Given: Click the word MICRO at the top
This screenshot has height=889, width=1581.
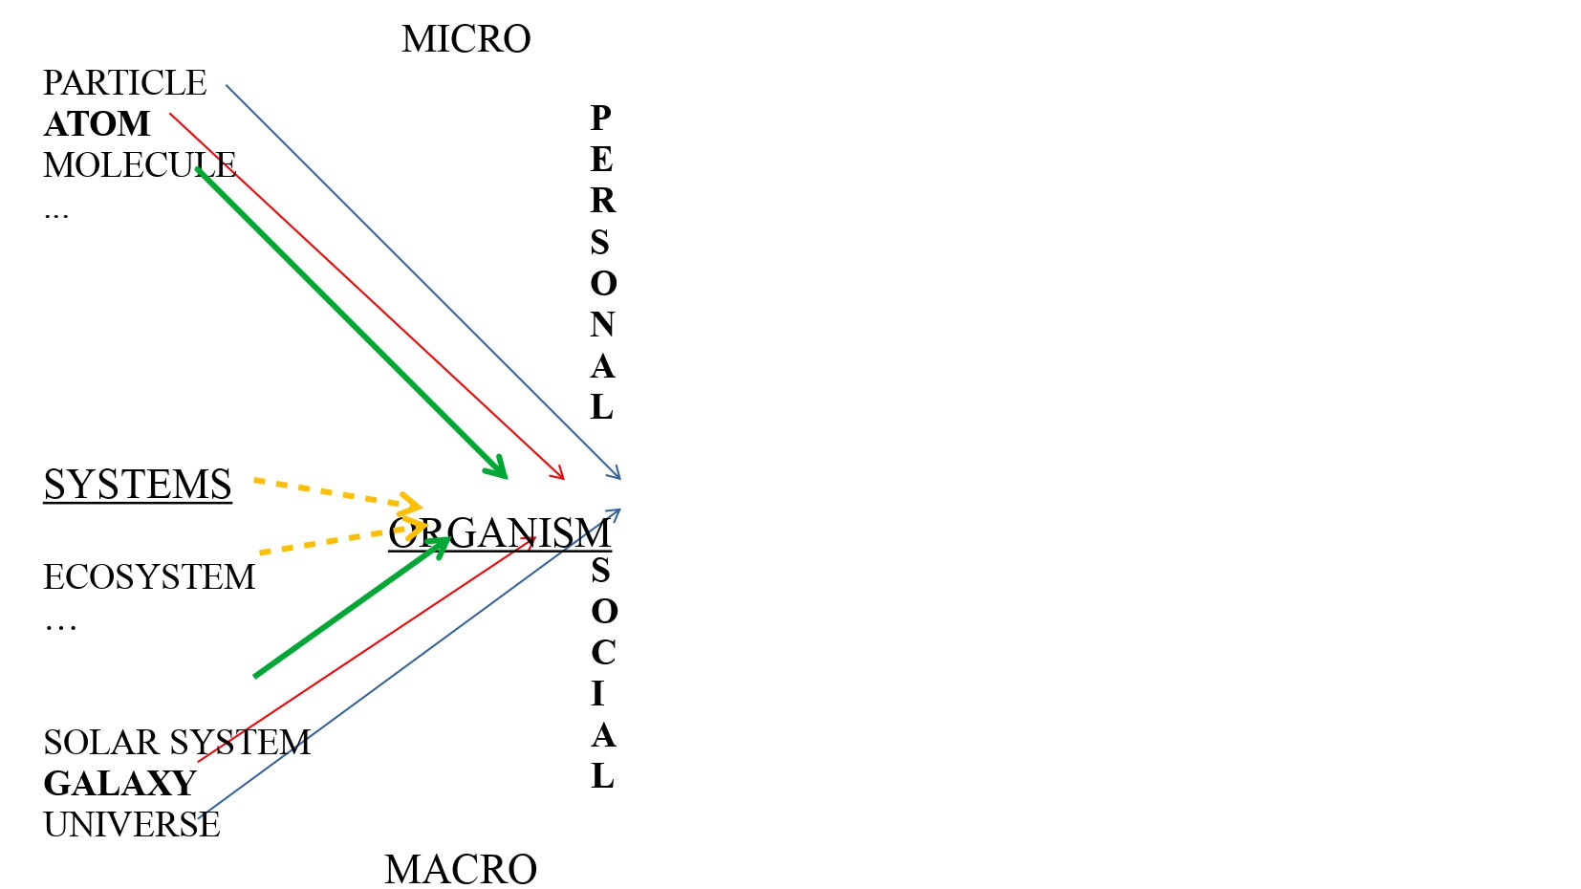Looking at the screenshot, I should (466, 39).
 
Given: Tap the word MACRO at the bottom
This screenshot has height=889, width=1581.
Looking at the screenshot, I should (460, 870).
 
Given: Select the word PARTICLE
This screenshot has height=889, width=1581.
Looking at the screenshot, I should (124, 83).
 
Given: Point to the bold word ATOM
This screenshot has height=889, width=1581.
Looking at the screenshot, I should (97, 124).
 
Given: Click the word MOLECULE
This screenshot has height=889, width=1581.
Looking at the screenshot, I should (139, 165).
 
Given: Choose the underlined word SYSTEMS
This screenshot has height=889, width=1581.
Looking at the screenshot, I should (138, 485).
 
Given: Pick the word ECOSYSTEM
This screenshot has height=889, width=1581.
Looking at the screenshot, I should (149, 577).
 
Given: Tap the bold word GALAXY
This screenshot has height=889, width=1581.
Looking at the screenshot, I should (119, 784).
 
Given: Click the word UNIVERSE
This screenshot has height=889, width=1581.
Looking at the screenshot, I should (131, 825).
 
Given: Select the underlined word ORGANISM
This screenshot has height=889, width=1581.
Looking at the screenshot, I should (499, 533).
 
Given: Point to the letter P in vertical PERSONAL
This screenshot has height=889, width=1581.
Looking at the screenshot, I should (601, 119).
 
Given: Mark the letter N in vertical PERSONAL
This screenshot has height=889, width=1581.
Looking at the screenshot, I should (601, 325).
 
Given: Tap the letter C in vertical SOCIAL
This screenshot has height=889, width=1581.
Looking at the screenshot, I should (602, 653).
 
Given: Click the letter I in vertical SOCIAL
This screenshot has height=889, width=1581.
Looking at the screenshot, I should (598, 694).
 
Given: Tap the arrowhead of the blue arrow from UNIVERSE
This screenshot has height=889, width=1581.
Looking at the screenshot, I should (617, 511).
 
